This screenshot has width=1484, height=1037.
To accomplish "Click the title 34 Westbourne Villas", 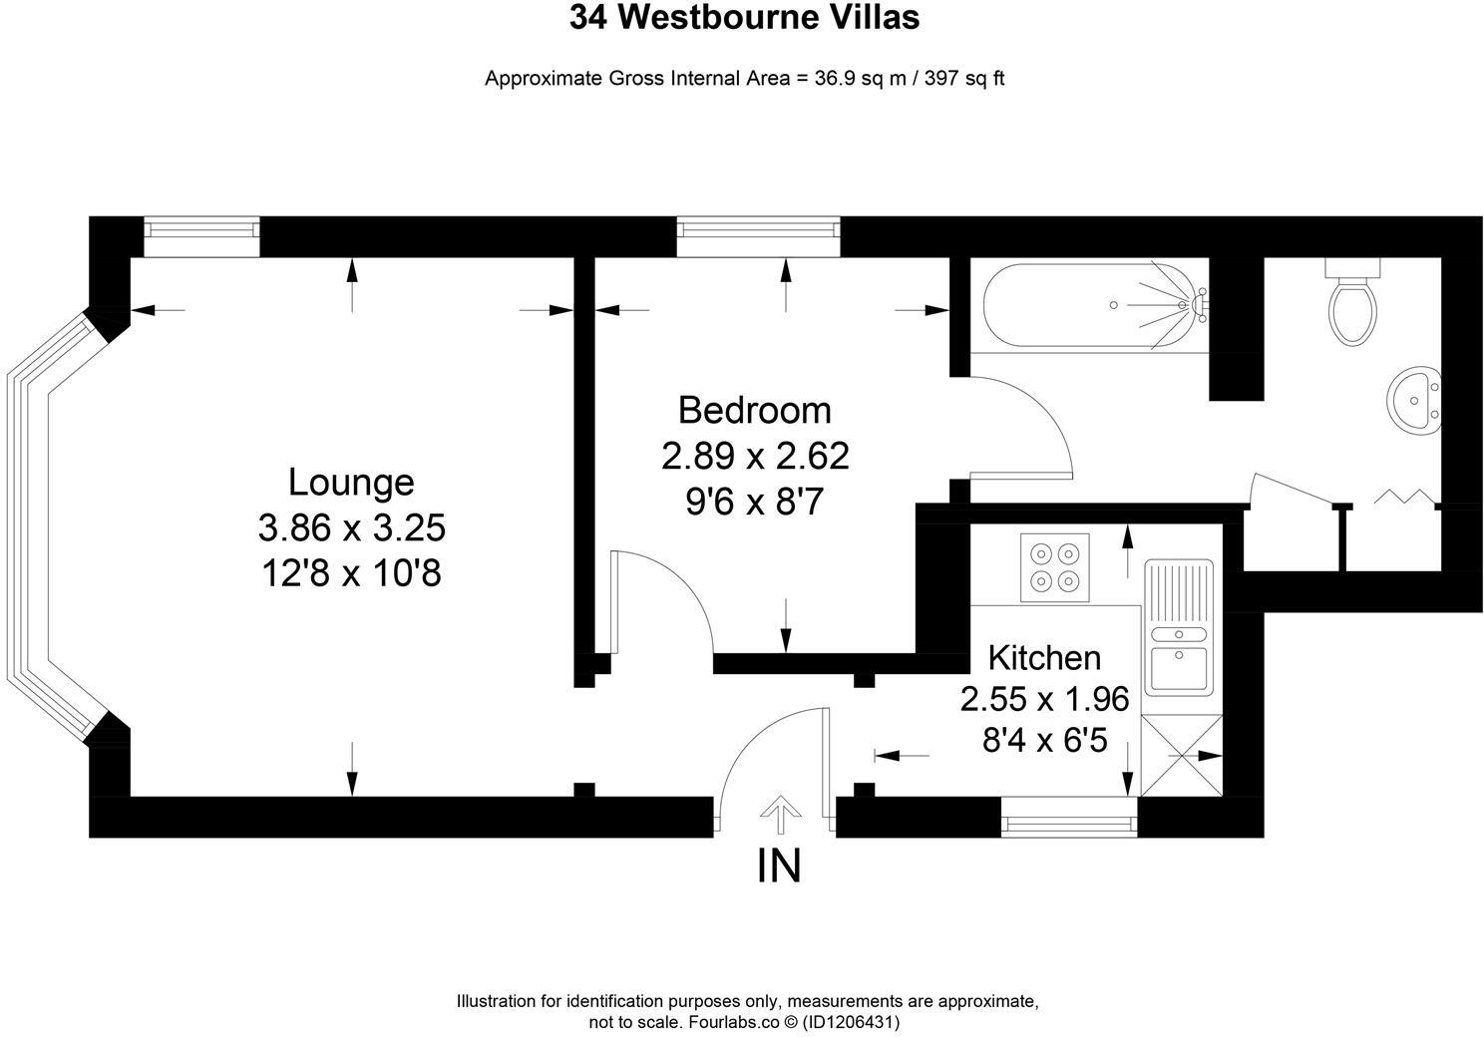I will (x=744, y=18).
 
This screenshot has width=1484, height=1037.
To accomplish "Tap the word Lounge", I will (x=351, y=482).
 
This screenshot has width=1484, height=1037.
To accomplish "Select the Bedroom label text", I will (x=754, y=410).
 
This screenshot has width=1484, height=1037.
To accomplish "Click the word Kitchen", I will (x=1044, y=658).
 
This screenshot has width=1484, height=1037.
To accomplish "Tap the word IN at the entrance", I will (x=779, y=865).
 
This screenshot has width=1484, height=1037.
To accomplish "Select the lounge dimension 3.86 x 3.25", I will (x=351, y=526).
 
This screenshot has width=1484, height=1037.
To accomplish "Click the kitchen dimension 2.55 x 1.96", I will (x=1044, y=699).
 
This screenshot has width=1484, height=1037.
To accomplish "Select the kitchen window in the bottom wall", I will (x=1068, y=824).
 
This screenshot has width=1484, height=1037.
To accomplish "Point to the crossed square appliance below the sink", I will (x=1181, y=756).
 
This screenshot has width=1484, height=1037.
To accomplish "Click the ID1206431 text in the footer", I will (x=852, y=1022).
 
